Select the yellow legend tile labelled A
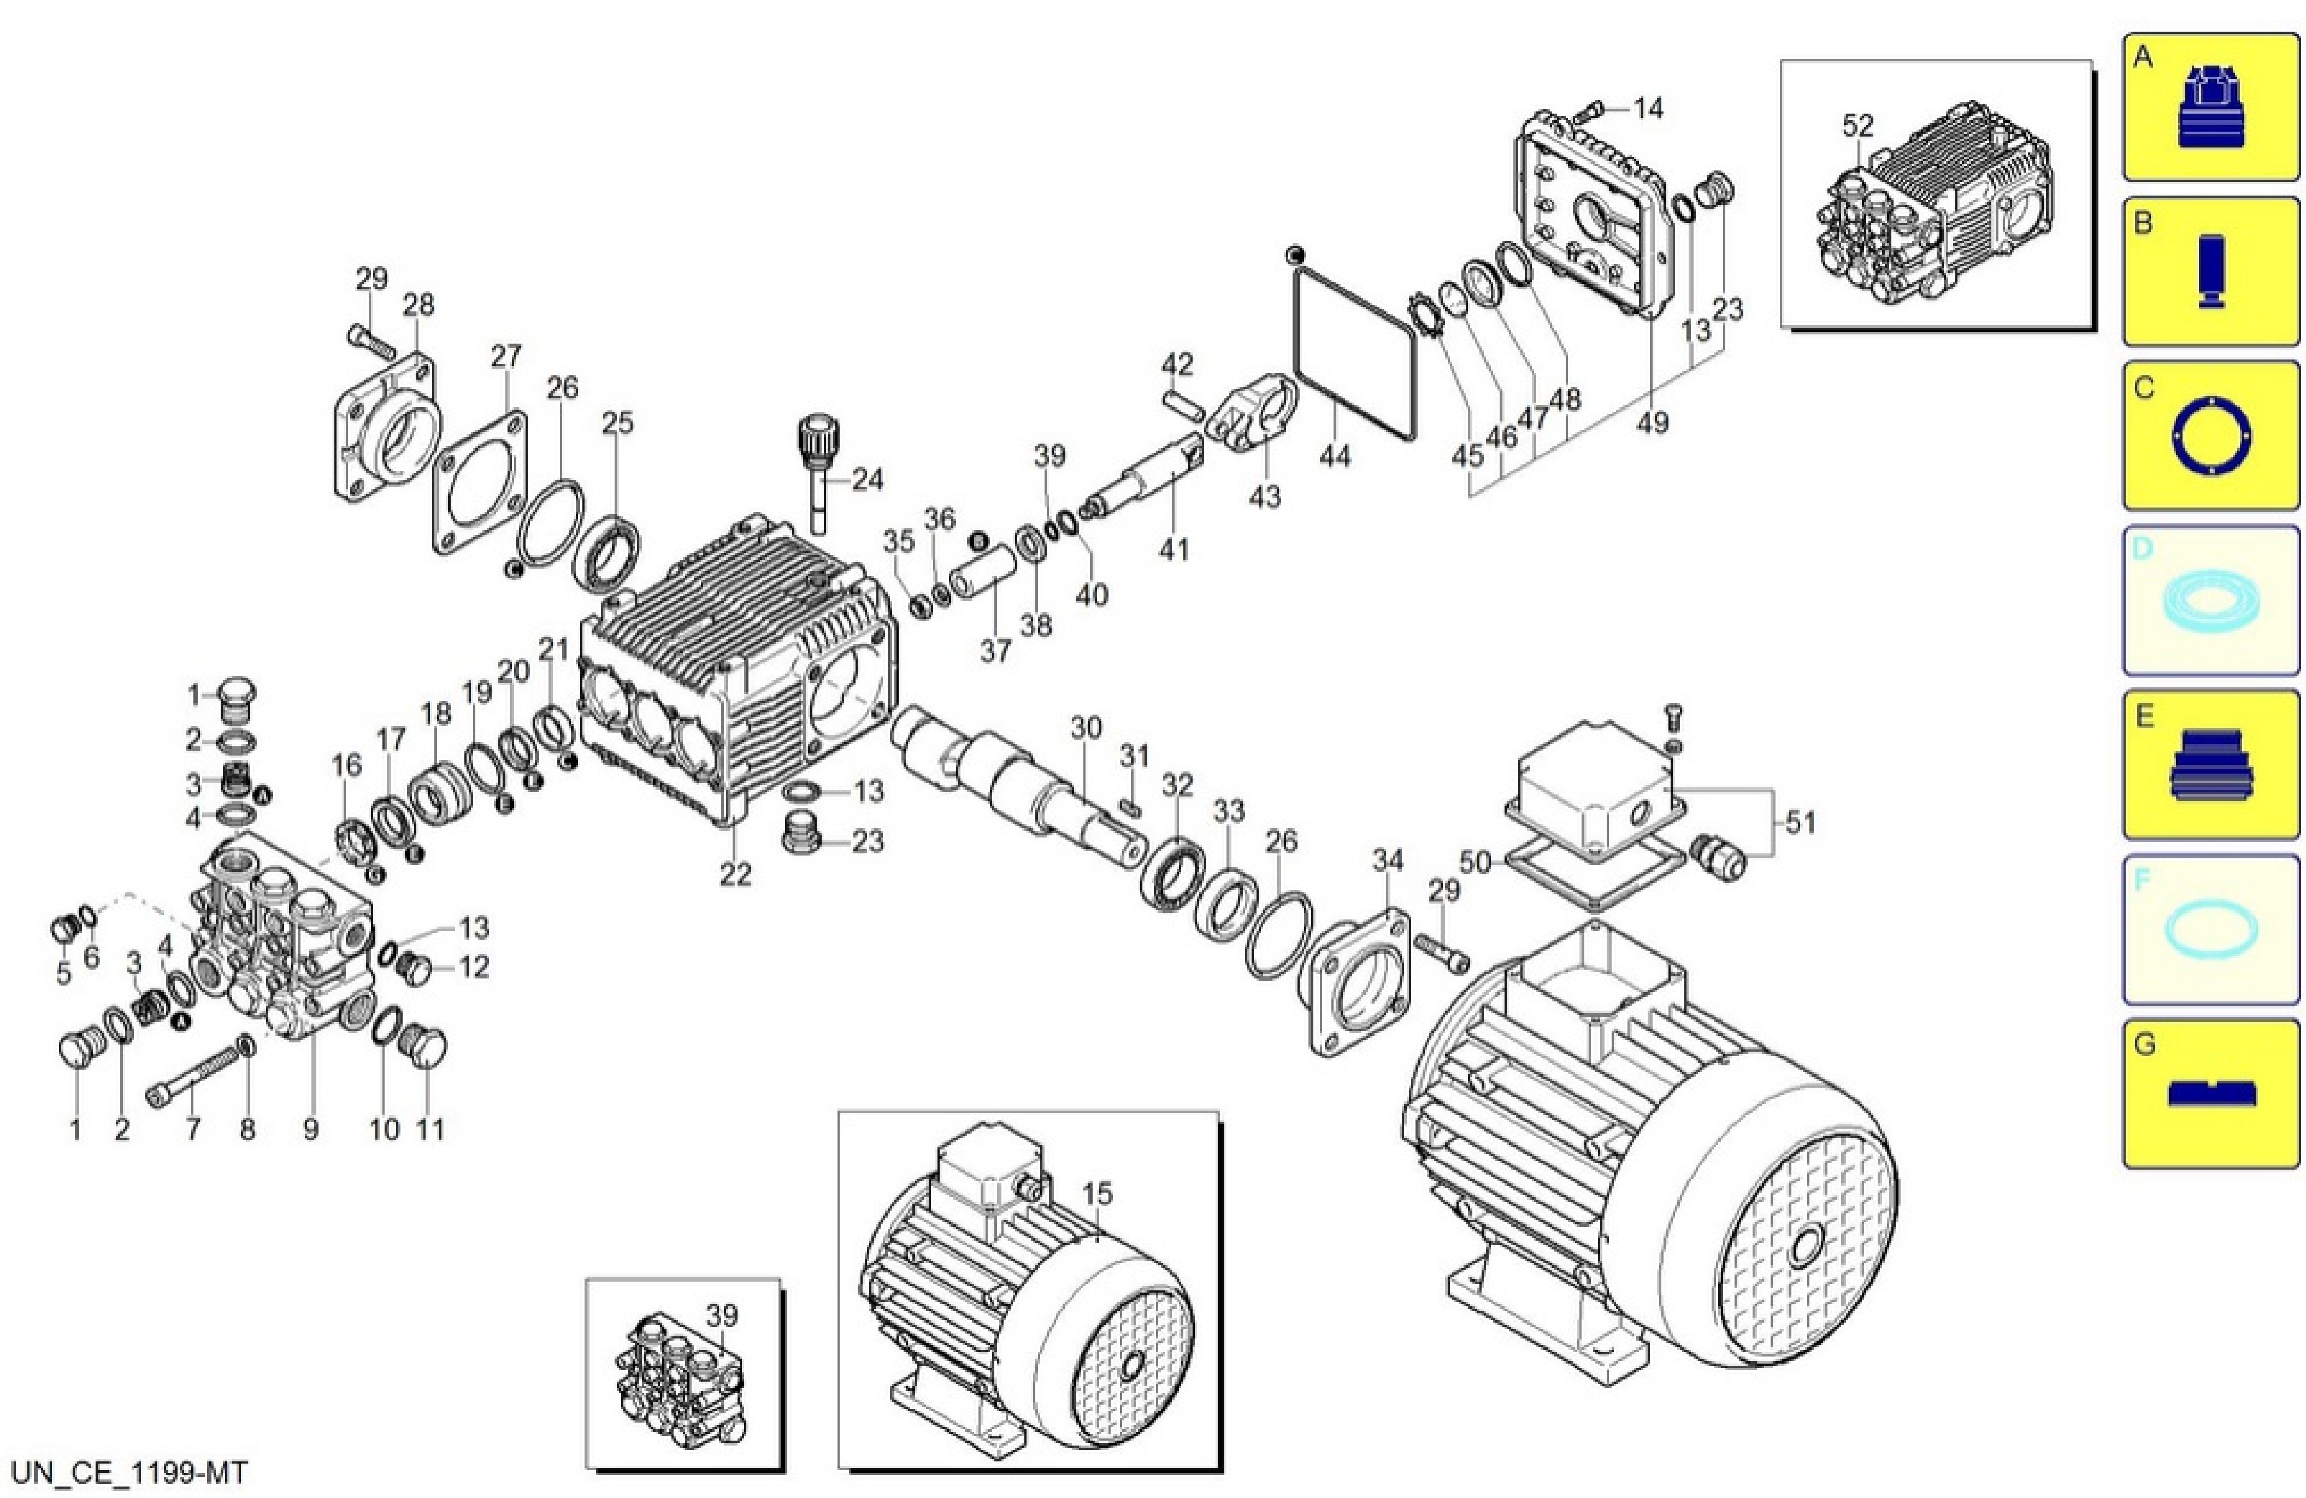pyautogui.click(x=2210, y=107)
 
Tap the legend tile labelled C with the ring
pyautogui.click(x=2210, y=436)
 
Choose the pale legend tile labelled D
pyautogui.click(x=2210, y=601)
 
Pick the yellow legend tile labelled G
pyautogui.click(x=2210, y=1093)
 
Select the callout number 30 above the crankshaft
pyautogui.click(x=1086, y=728)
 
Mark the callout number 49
pyautogui.click(x=1653, y=422)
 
